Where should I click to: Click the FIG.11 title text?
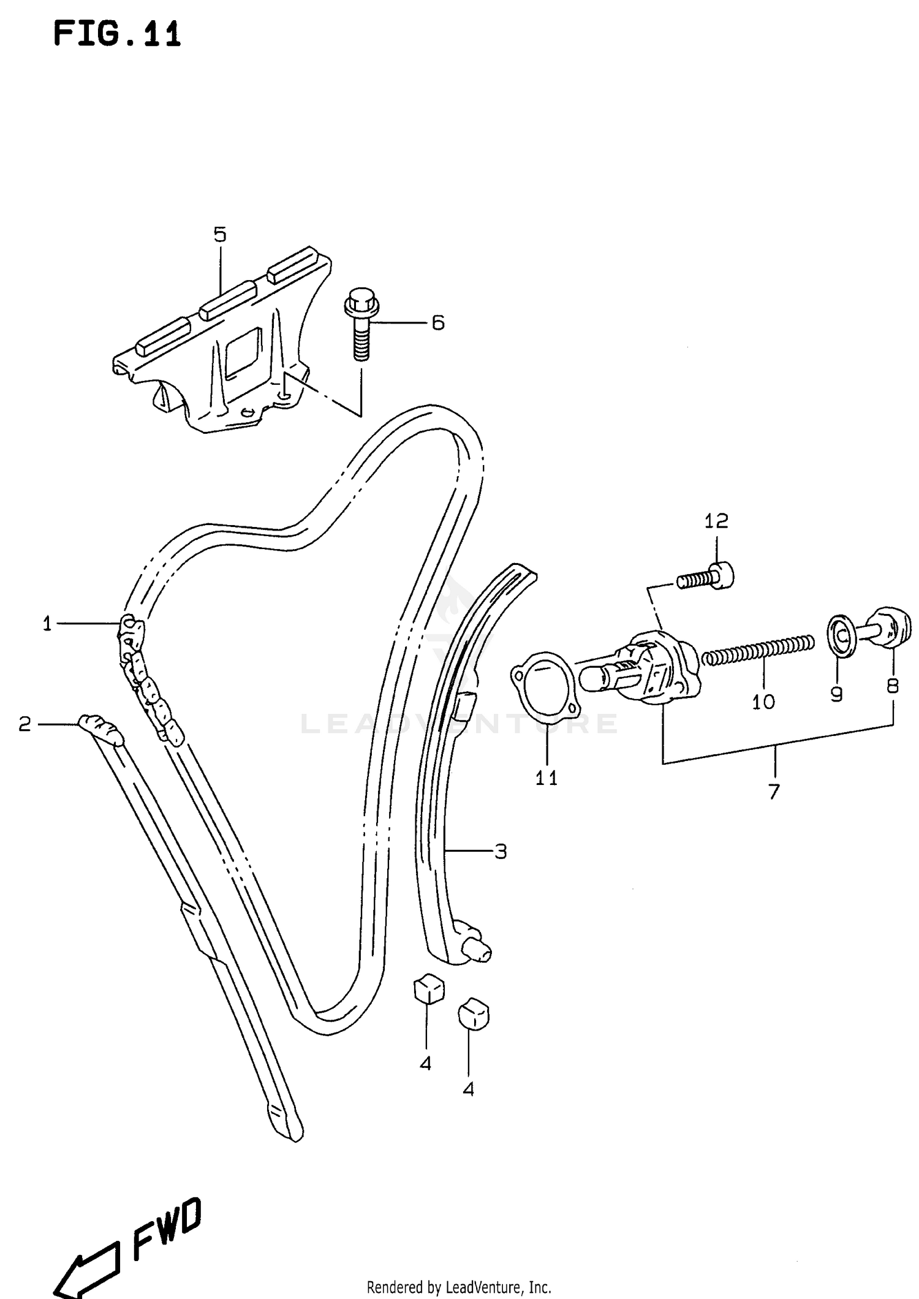[117, 34]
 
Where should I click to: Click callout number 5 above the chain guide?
[220, 234]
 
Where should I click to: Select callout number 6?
[437, 323]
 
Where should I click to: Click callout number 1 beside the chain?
[47, 624]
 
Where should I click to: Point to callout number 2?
[25, 725]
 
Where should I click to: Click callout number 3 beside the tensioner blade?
[501, 852]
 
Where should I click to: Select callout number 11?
[546, 778]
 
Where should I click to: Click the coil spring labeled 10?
[758, 651]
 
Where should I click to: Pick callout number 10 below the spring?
[763, 702]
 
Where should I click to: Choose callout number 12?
[716, 521]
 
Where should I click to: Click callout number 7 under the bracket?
[774, 792]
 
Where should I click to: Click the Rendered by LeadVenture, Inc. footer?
[459, 1287]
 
